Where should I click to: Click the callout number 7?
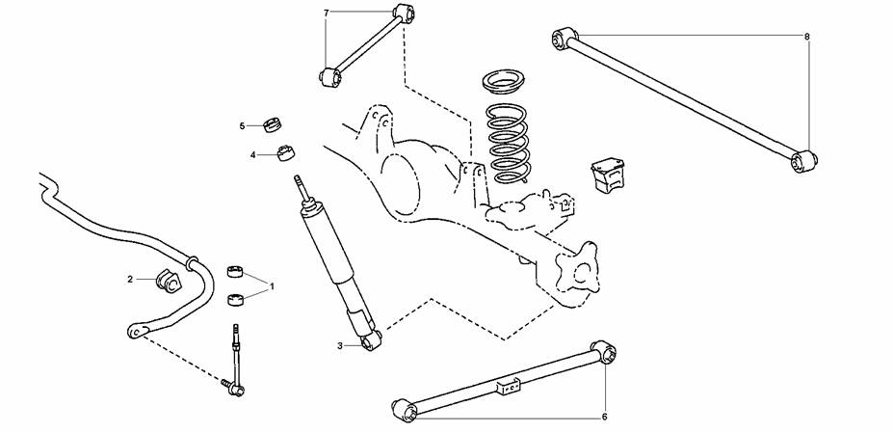327,12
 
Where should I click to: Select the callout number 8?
807,37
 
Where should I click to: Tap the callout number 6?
604,417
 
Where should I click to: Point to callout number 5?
242,125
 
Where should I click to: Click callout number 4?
252,154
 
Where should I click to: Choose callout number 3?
340,345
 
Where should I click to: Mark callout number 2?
130,279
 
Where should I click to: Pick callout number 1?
272,285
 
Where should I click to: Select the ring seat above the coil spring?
504,82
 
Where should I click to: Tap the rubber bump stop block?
607,176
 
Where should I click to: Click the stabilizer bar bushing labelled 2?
168,279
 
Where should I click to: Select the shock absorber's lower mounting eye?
371,340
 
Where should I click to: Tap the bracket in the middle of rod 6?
510,386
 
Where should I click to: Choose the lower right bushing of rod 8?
803,161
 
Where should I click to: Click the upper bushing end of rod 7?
404,13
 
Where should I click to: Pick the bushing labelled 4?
286,154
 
